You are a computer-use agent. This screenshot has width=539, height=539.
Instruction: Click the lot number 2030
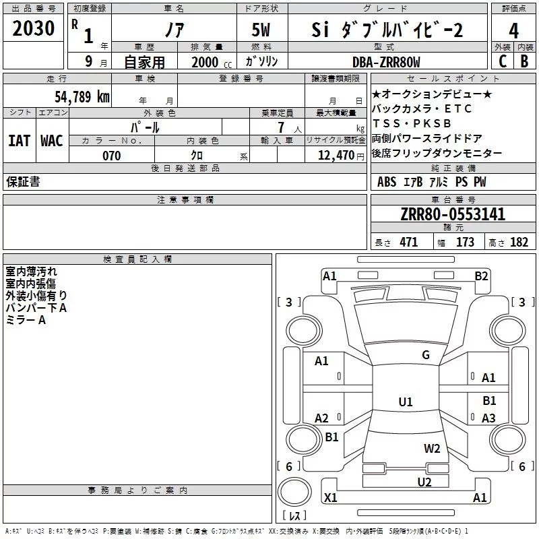[x=34, y=29]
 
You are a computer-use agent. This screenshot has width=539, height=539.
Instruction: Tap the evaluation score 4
[x=514, y=30]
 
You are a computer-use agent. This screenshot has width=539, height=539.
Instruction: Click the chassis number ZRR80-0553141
[x=452, y=215]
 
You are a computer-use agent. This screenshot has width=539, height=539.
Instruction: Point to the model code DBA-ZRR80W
[x=386, y=62]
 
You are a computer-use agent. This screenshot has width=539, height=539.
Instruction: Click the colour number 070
[x=111, y=156]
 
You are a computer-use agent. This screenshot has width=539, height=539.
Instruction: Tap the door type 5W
[x=263, y=30]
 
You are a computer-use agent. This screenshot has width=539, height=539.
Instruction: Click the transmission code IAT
[x=19, y=141]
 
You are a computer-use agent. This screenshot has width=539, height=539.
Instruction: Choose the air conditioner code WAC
[x=52, y=141]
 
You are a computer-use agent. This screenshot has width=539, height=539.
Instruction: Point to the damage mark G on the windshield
[x=425, y=355]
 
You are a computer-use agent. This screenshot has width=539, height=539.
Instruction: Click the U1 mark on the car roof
[x=405, y=402]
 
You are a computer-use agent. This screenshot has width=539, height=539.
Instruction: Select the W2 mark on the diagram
[x=432, y=449]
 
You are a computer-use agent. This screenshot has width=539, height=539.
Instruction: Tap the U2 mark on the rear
[x=424, y=482]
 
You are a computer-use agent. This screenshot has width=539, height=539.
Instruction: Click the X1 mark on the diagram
[x=330, y=498]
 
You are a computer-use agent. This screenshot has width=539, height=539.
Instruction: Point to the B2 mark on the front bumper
[x=481, y=276]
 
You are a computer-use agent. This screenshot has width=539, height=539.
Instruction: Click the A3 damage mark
[x=488, y=418]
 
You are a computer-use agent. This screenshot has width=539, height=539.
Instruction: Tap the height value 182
[x=519, y=243]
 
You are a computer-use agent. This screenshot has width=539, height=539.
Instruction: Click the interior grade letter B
[x=524, y=61]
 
